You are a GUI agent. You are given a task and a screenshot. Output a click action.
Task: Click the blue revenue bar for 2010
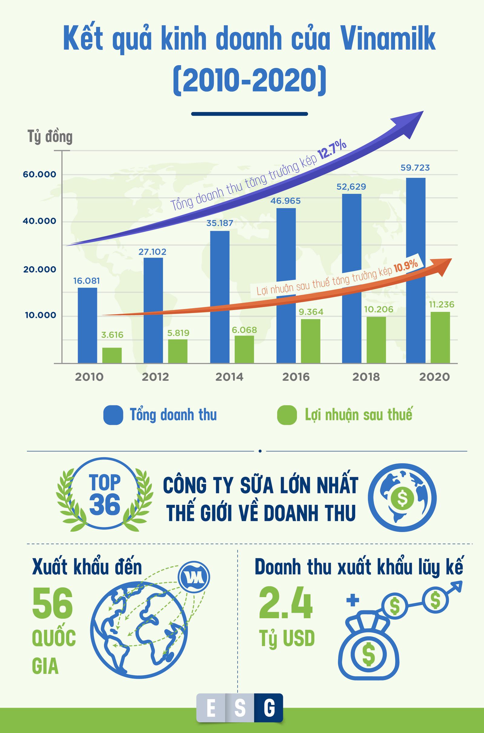87,325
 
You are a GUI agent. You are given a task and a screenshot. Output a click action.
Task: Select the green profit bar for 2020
440,337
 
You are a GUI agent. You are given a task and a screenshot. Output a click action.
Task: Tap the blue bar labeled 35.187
220,296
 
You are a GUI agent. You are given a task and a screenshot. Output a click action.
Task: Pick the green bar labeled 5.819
178,351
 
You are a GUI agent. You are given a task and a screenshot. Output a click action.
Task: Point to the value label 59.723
415,168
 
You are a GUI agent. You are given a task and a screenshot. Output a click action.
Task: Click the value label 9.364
311,312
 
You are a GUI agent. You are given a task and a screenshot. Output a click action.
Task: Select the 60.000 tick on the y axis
40,174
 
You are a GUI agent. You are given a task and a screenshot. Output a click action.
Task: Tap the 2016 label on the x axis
296,377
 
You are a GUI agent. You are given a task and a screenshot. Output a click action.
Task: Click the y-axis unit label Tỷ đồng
50,137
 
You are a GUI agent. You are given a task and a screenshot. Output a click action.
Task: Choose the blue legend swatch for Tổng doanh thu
113,415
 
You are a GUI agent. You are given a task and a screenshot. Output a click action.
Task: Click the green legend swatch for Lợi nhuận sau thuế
287,415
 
